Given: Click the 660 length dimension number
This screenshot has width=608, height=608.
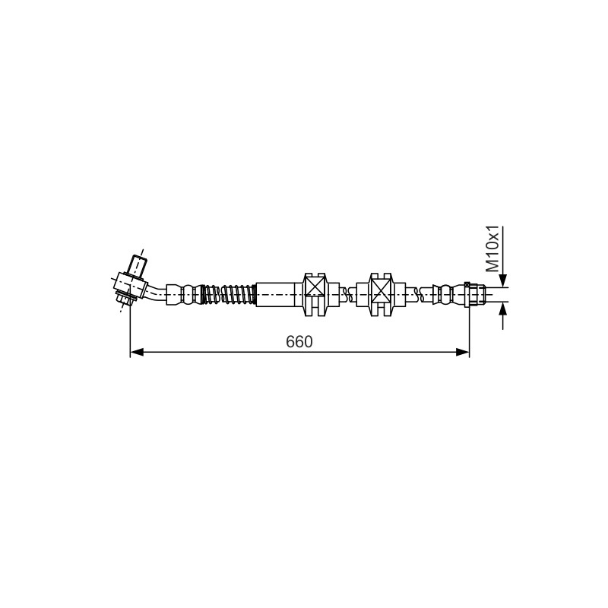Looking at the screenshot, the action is (x=299, y=341).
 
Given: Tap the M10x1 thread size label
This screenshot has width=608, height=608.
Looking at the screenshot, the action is (x=492, y=249).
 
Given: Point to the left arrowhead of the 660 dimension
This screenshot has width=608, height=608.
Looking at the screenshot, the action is (x=137, y=352).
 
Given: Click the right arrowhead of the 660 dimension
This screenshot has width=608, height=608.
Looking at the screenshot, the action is (x=463, y=352).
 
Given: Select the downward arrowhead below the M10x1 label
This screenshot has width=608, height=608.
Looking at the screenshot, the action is (x=503, y=280).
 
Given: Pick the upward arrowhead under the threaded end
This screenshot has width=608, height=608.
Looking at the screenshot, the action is (x=503, y=309).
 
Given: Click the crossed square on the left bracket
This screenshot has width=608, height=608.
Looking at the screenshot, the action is (x=315, y=290).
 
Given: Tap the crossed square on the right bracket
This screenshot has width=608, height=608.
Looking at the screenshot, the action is (x=381, y=290).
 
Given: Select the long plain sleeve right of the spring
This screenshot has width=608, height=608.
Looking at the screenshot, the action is (x=275, y=295).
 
